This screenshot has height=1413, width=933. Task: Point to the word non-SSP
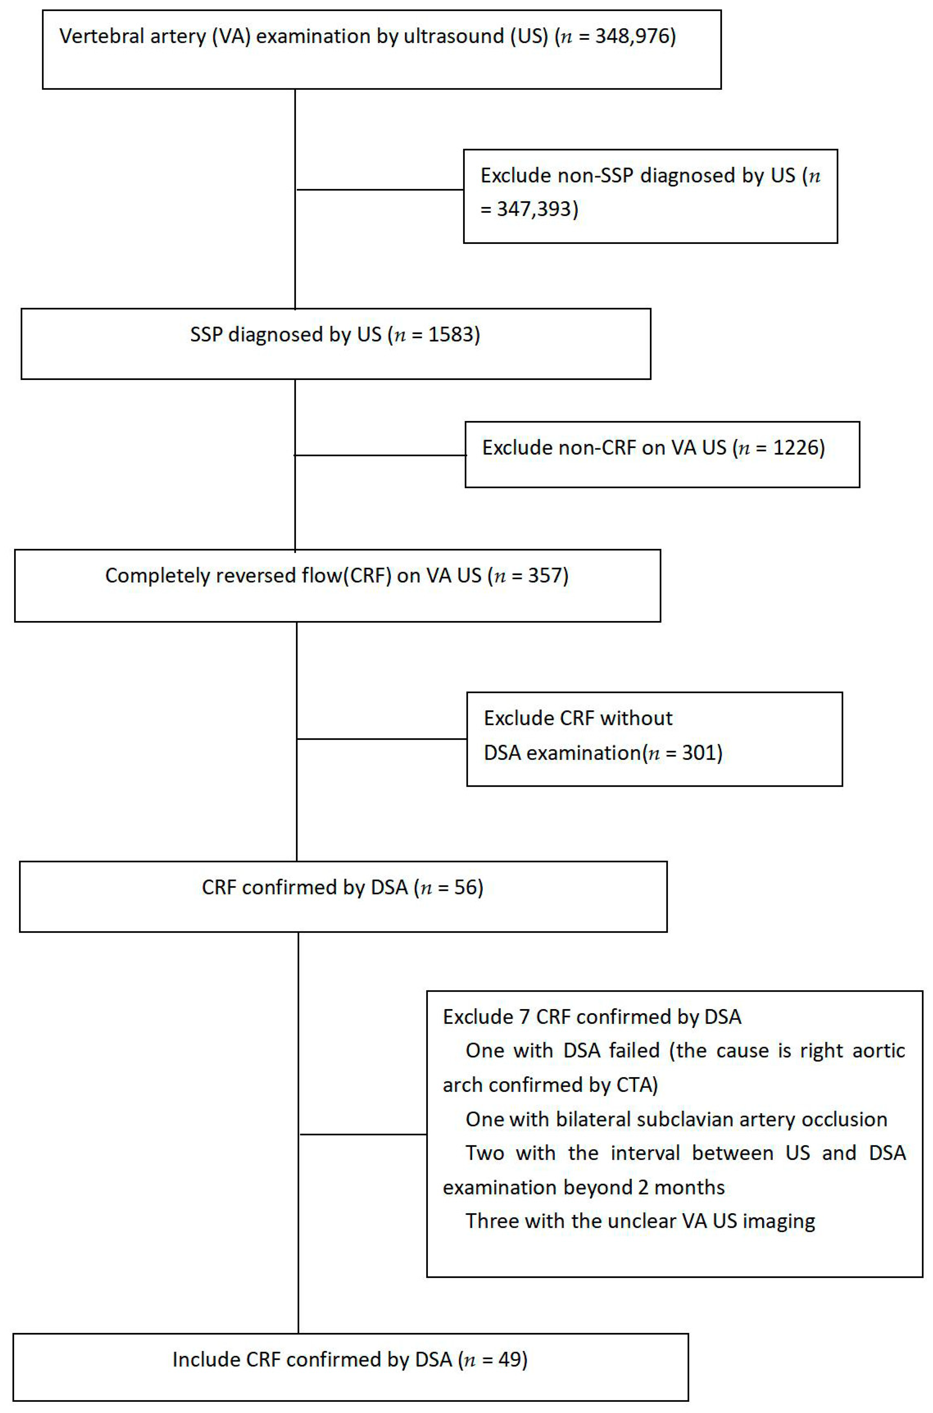pos(595,176)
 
